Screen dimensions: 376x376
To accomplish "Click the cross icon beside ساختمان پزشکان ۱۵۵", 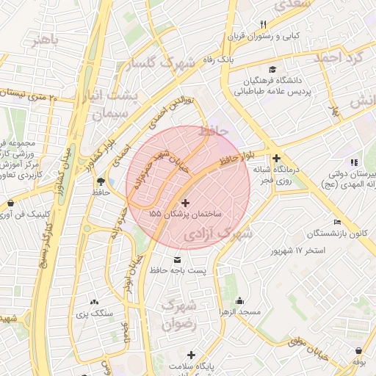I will [184, 203].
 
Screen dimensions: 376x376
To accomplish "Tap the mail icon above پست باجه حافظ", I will [177, 261].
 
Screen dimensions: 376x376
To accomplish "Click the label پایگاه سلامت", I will [195, 365].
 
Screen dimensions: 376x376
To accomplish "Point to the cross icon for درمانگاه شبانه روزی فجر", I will [276, 158].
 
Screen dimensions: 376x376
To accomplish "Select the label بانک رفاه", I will [220, 57].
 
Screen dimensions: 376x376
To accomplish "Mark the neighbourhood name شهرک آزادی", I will [218, 235].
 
